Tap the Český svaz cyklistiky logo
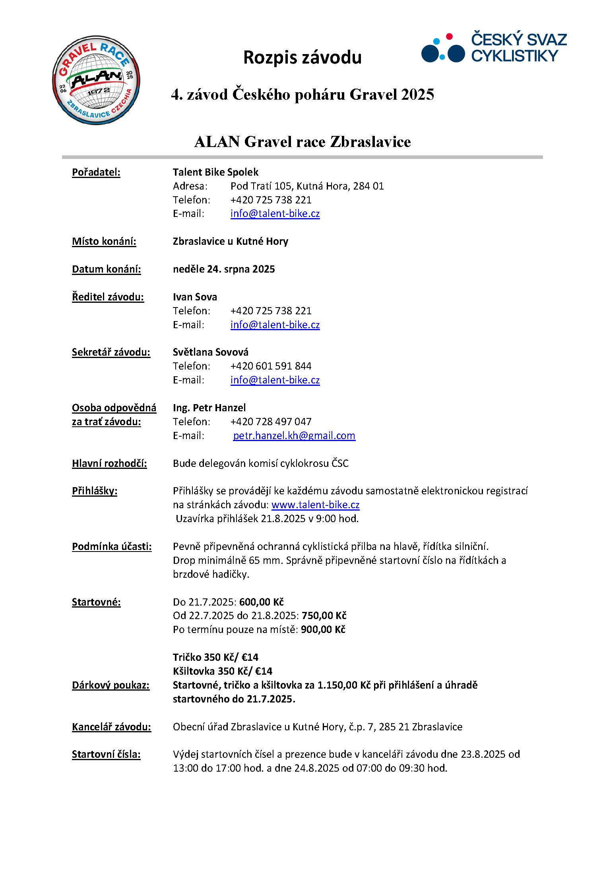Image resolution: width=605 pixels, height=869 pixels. tap(494, 48)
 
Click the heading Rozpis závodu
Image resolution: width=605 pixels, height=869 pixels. tap(302, 58)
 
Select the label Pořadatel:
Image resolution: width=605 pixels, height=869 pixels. tap(96, 172)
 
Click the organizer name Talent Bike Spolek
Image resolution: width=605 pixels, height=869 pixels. tap(215, 172)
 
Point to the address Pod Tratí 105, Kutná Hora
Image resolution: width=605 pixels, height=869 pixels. tap(307, 186)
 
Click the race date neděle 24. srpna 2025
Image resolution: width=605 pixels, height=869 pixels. tap(224, 269)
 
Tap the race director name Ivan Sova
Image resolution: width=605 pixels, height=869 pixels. tap(195, 297)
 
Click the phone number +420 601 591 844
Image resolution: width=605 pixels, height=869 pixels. tap(271, 366)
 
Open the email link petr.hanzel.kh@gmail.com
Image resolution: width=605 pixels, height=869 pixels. tap(294, 436)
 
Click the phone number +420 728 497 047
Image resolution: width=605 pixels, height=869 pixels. tap(271, 422)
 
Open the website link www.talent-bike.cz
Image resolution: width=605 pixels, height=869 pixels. tap(315, 505)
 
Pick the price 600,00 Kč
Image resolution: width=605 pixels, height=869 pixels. tap(261, 602)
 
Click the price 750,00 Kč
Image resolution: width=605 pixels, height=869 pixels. tap(324, 616)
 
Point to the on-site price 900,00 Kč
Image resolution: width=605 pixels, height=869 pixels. tap(323, 630)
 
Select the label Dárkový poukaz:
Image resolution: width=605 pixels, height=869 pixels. tap(111, 685)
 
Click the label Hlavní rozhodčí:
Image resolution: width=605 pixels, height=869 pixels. tap(109, 464)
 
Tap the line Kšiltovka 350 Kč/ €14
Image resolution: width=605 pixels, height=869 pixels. tap(222, 672)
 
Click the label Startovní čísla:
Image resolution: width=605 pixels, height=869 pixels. tap(106, 755)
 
